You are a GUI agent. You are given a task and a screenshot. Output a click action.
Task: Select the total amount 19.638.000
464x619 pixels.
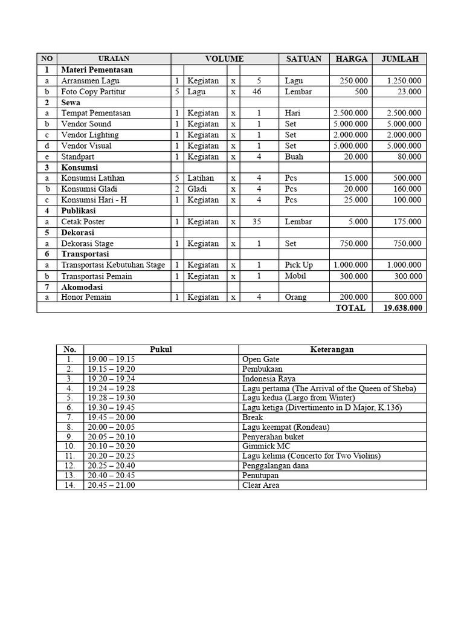[402, 308]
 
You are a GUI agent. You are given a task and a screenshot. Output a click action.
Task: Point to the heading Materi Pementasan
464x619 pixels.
[97, 70]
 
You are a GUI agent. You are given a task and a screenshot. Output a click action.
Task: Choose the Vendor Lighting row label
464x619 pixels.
[89, 135]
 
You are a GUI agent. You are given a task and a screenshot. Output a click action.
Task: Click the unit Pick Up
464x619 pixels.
[299, 265]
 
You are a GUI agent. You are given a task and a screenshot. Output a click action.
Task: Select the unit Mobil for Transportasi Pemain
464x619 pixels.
[295, 276]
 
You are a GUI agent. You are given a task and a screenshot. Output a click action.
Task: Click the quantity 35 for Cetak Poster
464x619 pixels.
[257, 221]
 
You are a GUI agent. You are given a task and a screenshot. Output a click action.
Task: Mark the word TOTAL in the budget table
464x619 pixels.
[350, 308]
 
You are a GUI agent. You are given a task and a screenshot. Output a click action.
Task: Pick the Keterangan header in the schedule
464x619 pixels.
[332, 349]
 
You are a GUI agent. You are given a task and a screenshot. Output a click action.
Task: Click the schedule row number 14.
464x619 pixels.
[69, 485]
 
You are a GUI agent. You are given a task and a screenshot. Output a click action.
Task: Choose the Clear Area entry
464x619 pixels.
[260, 485]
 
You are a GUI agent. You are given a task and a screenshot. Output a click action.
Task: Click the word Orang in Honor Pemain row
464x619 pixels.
[296, 297]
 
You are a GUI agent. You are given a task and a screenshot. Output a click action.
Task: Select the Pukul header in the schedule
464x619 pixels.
[161, 349]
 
